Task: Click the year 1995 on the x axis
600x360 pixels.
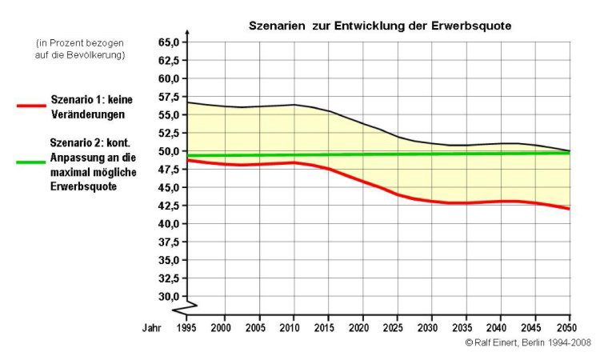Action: click(x=187, y=328)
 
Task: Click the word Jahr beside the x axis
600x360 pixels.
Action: click(x=152, y=328)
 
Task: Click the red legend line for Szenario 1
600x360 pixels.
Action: click(x=30, y=105)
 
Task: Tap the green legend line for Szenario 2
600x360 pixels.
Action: click(x=30, y=162)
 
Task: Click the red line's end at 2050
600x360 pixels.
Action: click(x=570, y=209)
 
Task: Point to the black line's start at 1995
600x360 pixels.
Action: click(x=187, y=102)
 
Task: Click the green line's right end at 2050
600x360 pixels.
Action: click(x=570, y=153)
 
